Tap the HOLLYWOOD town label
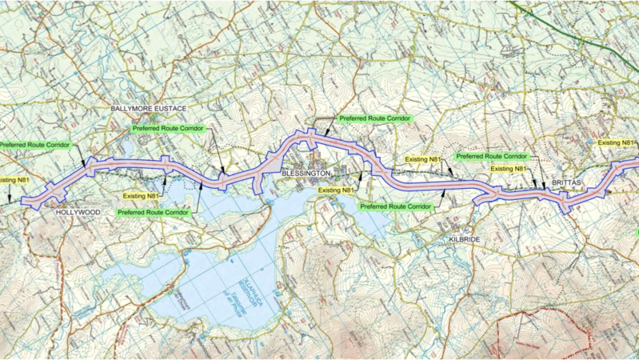click(78, 213)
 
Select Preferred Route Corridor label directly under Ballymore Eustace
click(168, 128)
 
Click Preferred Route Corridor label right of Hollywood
click(153, 213)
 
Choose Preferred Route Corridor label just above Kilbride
click(395, 206)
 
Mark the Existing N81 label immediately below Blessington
click(336, 190)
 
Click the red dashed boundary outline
click(544, 328)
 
